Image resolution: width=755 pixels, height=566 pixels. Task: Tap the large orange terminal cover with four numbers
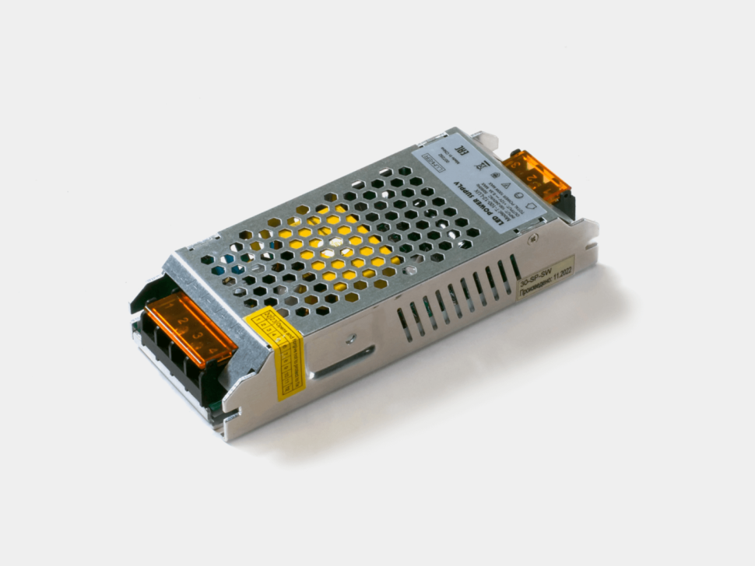click(x=188, y=330)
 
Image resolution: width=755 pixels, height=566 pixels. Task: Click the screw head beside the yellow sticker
click(x=352, y=339)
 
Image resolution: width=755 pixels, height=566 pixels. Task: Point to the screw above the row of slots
click(x=532, y=238)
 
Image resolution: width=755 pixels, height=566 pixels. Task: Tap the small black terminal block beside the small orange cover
click(x=567, y=204)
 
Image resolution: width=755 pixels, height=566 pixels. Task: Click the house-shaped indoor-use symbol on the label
click(x=532, y=205)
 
